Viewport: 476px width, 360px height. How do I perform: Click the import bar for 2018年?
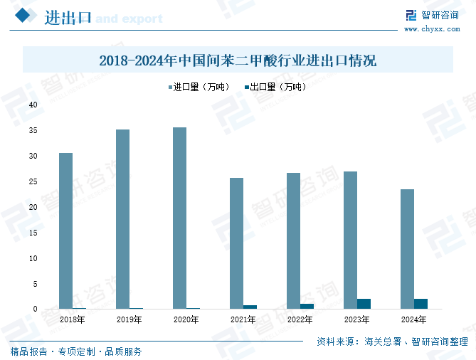coord(65,231)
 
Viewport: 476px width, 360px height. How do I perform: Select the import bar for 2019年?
coord(122,219)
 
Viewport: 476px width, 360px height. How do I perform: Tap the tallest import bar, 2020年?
coord(179,218)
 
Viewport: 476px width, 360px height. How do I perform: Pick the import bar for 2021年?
coord(236,243)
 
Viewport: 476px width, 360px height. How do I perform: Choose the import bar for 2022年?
coord(293,240)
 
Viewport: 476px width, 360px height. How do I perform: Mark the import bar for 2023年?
coord(350,240)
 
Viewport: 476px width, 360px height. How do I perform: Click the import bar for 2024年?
coord(407,249)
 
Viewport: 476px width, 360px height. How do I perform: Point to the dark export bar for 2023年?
coord(364,304)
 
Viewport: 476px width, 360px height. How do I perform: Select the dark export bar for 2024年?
coord(421,304)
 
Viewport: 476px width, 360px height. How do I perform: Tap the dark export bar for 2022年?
coord(307,306)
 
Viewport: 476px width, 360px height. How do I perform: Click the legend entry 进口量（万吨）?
coord(201,88)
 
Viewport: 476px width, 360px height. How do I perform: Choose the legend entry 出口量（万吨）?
coord(277,88)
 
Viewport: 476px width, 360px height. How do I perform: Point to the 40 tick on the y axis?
coord(33,105)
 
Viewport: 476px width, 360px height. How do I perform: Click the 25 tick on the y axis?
coord(33,181)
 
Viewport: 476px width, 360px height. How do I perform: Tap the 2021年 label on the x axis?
coord(243,320)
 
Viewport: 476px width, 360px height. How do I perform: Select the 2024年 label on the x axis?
coord(413,320)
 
